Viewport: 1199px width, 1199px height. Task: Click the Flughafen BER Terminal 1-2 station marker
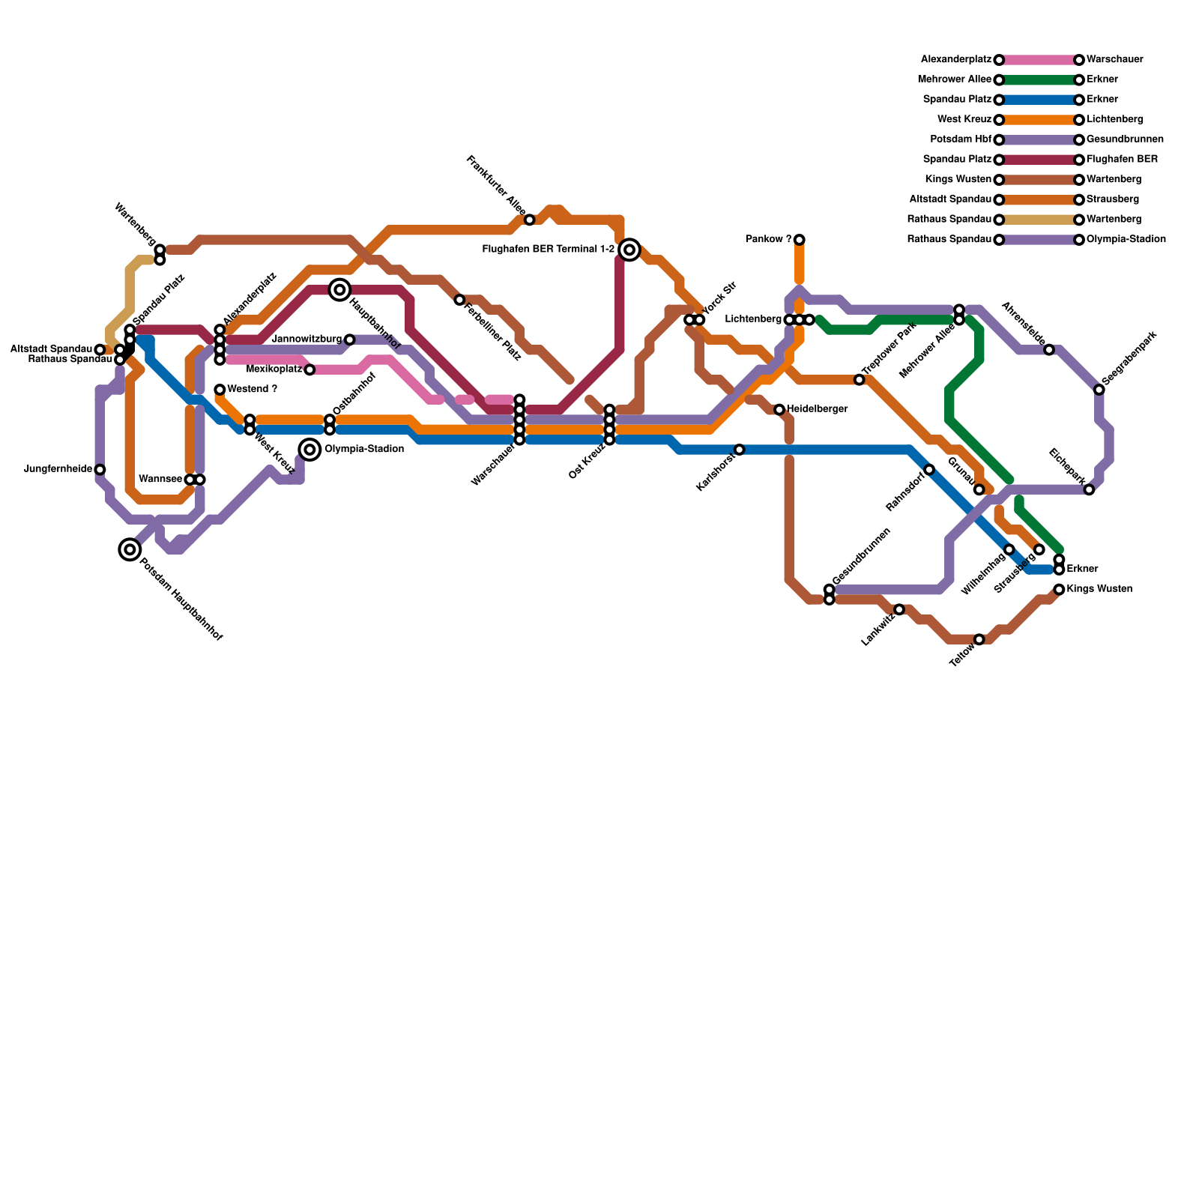[629, 250]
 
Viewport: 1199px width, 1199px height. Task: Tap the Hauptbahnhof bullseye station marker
[339, 289]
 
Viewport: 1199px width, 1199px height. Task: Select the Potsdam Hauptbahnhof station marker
[130, 549]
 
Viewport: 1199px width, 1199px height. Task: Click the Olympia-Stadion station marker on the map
[309, 449]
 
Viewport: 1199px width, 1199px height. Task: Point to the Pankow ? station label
[768, 240]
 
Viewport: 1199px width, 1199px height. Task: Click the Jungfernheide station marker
[100, 469]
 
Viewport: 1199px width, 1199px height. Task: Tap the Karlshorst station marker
[739, 450]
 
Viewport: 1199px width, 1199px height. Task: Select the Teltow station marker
[979, 639]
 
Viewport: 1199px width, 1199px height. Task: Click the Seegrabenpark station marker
[1099, 389]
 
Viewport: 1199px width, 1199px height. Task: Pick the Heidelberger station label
[818, 409]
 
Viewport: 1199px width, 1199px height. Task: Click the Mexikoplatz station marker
[309, 369]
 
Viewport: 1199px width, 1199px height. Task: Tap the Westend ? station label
[253, 390]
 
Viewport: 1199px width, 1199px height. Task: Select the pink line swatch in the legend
[1039, 60]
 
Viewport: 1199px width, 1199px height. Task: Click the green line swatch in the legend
[1039, 80]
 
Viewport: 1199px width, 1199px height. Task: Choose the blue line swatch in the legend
[1039, 100]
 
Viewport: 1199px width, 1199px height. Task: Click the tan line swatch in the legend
[1039, 220]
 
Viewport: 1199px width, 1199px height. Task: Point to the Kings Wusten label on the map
[1099, 589]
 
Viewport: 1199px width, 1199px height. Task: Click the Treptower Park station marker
[859, 380]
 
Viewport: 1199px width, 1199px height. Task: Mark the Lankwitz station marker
[899, 609]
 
